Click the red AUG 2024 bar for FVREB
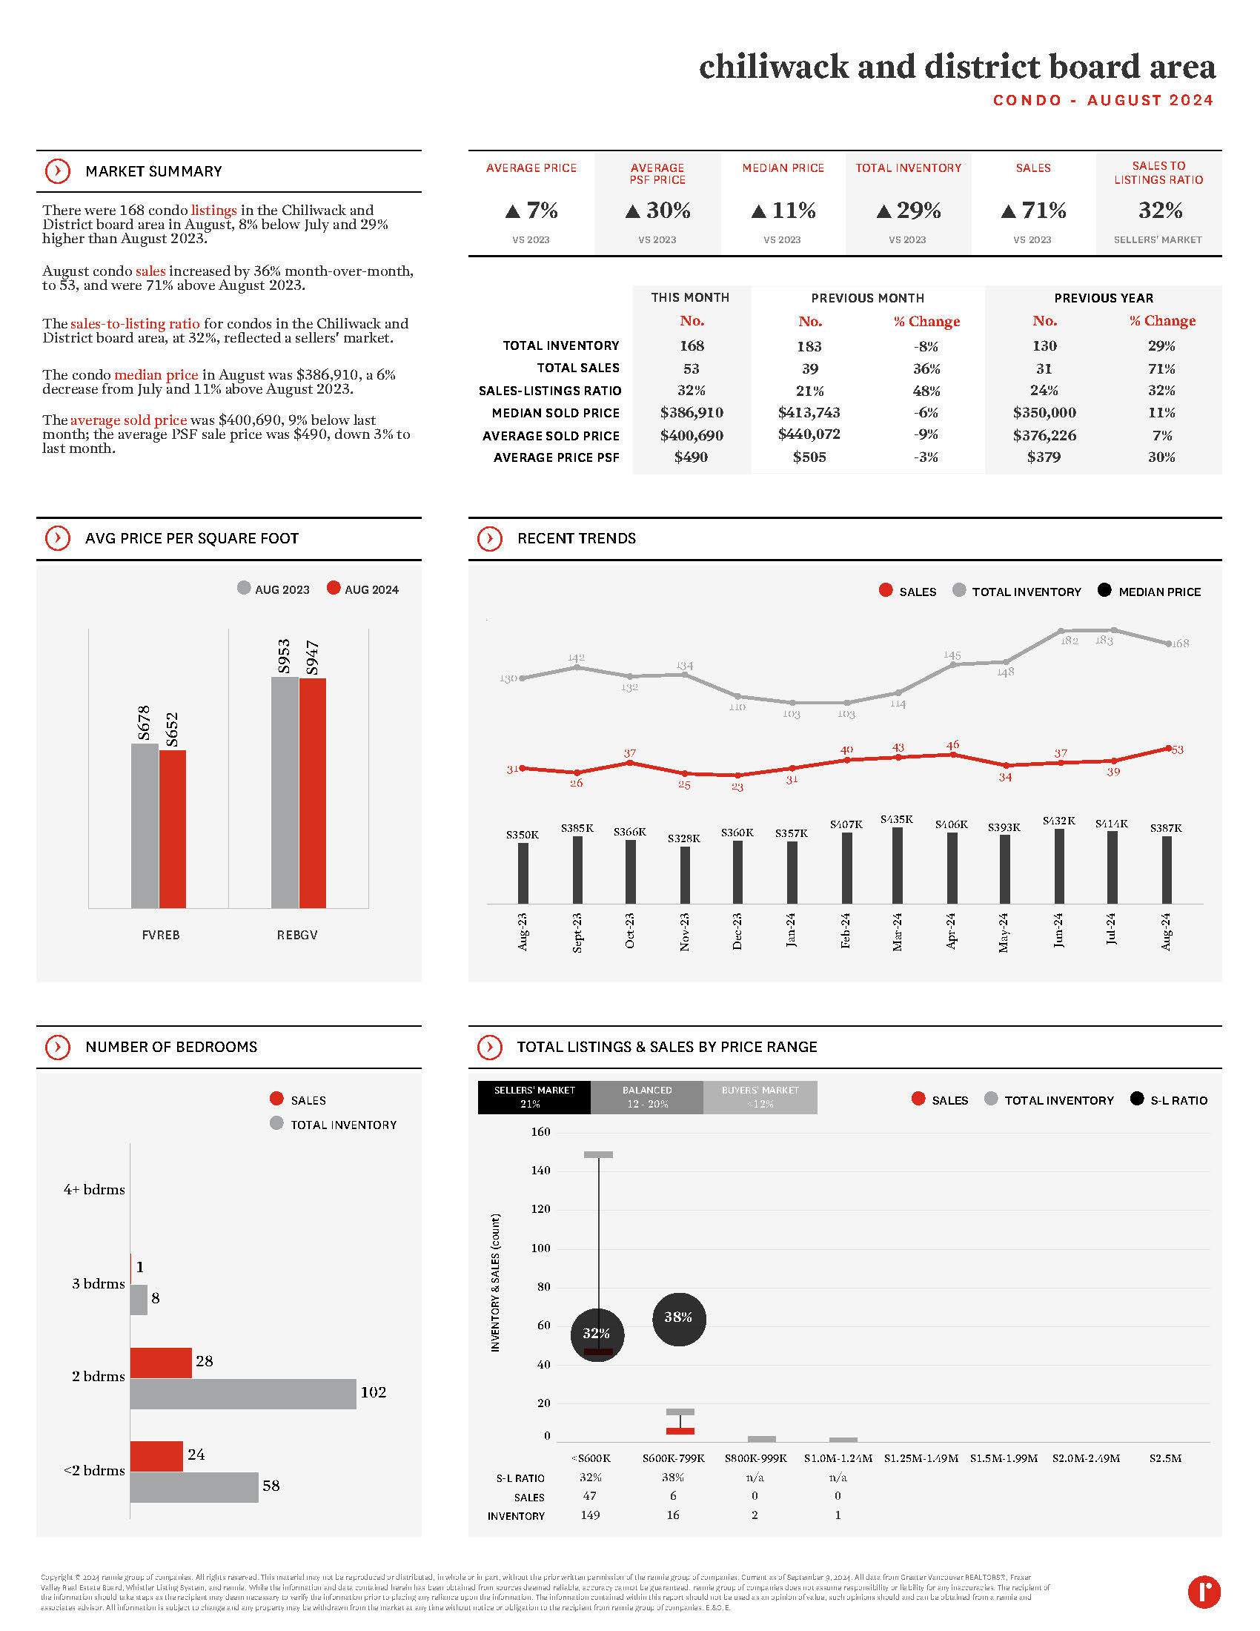click(x=173, y=829)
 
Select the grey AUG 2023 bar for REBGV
click(x=285, y=792)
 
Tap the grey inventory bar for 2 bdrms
click(x=242, y=1394)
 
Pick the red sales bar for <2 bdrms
click(x=156, y=1456)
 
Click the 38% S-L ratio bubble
click(x=678, y=1319)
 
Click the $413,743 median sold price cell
click(x=809, y=413)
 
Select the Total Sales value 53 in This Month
click(x=692, y=369)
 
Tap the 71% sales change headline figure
click(x=1034, y=211)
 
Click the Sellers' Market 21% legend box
click(x=534, y=1097)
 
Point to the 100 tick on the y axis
click(x=540, y=1248)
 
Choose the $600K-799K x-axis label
click(x=673, y=1458)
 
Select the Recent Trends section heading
click(x=576, y=538)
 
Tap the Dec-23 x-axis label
click(x=737, y=930)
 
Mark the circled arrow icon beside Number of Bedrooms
click(x=58, y=1047)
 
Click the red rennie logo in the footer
click(x=1203, y=1592)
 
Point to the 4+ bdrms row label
click(x=94, y=1190)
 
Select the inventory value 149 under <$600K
click(x=590, y=1515)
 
